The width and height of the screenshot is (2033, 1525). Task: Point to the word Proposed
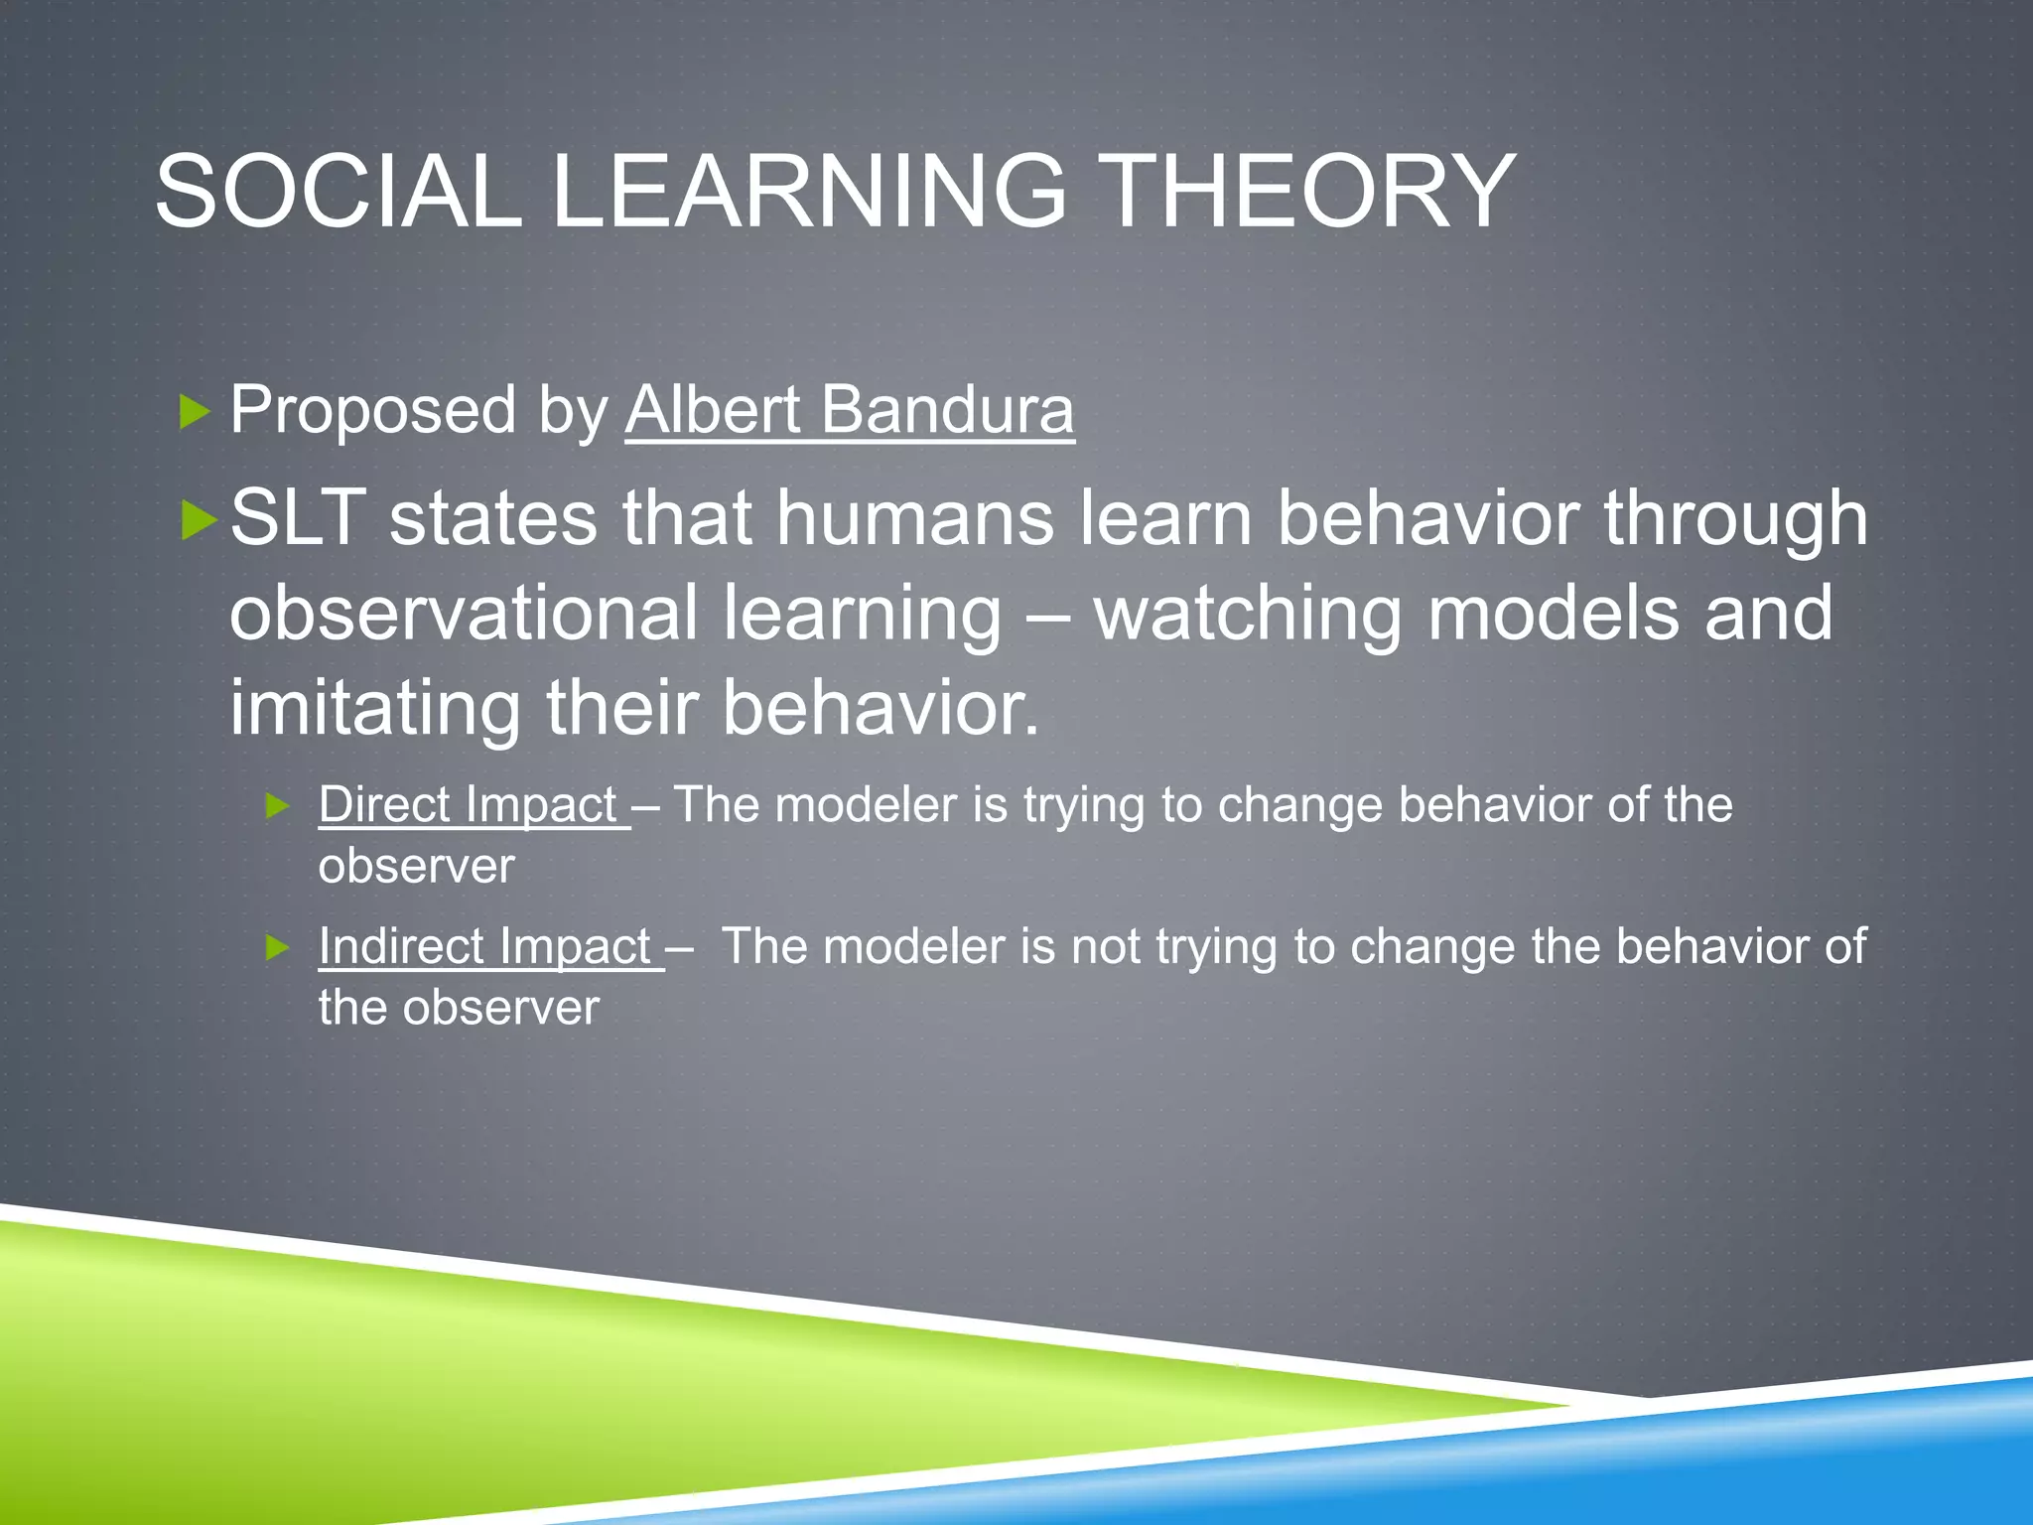coord(373,411)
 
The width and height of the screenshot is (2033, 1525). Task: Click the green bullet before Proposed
coord(195,410)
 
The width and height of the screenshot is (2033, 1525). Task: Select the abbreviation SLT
coord(298,517)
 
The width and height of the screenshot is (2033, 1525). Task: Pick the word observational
coord(464,613)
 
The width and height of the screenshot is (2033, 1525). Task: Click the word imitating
coord(374,708)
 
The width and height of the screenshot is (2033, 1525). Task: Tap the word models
coord(1553,613)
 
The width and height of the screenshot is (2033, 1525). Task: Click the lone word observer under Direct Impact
coord(416,866)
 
